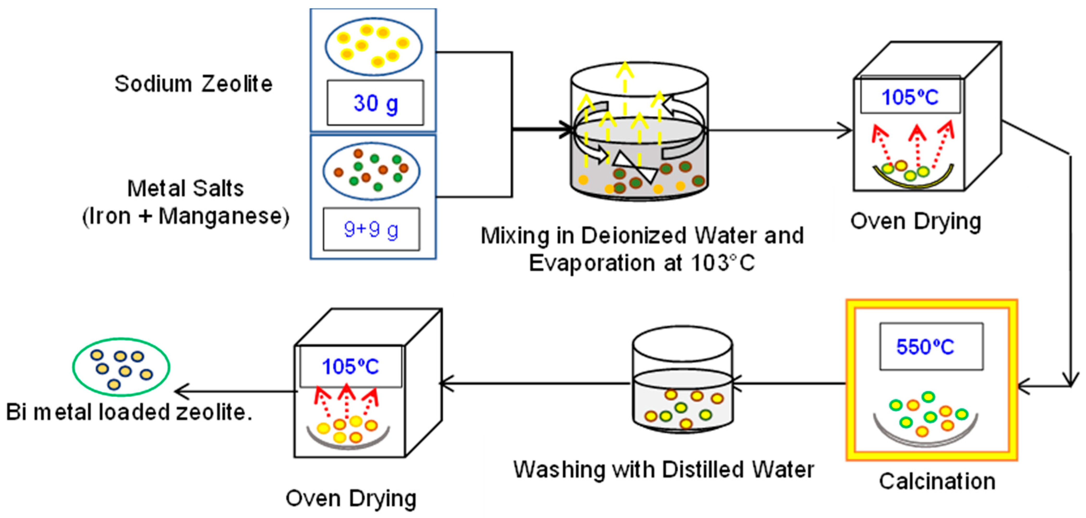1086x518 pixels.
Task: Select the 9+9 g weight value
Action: (371, 229)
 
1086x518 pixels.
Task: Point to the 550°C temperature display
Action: (925, 347)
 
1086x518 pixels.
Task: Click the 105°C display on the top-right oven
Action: (910, 97)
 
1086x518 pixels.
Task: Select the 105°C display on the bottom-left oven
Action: (350, 366)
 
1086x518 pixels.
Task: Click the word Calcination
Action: (937, 481)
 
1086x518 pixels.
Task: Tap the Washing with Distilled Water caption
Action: (663, 469)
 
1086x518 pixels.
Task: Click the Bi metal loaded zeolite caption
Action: (129, 412)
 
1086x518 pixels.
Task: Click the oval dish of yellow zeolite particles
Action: (373, 46)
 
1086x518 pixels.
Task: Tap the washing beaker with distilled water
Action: (682, 380)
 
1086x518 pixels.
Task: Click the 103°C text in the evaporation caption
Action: (723, 263)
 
